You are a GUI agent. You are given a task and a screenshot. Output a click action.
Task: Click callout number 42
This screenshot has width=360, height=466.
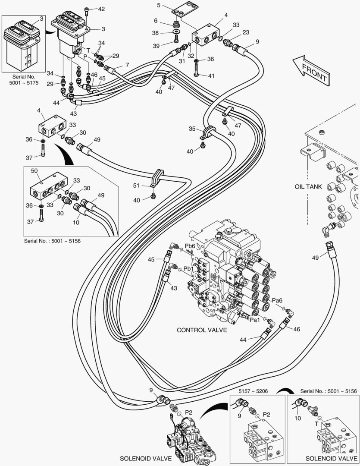pyautogui.click(x=101, y=9)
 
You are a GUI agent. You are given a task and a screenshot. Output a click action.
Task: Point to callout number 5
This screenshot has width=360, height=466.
pyautogui.click(x=159, y=6)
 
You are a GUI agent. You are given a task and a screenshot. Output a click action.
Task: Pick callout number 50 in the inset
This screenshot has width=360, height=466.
pyautogui.click(x=35, y=171)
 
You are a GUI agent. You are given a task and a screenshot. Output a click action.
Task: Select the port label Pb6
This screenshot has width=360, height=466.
pyautogui.click(x=190, y=246)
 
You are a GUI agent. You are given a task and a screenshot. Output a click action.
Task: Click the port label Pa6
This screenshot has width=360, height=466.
pyautogui.click(x=277, y=301)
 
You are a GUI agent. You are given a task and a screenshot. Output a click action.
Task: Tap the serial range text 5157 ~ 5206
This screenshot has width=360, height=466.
pyautogui.click(x=254, y=391)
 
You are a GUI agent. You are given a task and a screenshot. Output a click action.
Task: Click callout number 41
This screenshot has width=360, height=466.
pyautogui.click(x=211, y=76)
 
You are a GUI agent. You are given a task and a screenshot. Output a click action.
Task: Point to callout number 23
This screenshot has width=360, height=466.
pyautogui.click(x=246, y=32)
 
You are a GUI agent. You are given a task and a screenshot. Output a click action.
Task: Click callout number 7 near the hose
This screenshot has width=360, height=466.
pyautogui.click(x=127, y=65)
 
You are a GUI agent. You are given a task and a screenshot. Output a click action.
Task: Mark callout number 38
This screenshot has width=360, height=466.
pyautogui.click(x=156, y=32)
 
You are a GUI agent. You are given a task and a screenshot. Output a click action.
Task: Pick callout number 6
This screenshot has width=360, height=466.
pyautogui.click(x=156, y=21)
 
